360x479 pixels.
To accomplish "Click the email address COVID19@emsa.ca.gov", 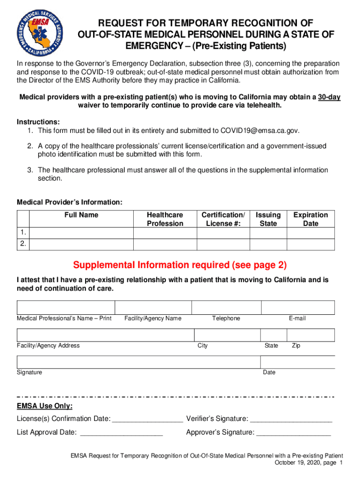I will (259, 130).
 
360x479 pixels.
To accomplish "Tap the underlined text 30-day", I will (329, 97).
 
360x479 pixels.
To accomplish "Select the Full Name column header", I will (81, 215).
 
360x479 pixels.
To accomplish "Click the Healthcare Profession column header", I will (165, 219).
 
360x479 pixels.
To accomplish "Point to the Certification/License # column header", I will (223, 219).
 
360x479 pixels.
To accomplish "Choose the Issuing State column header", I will (268, 219).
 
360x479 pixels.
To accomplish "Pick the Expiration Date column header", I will (310, 219).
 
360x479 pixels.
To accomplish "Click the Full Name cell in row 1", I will (81, 233).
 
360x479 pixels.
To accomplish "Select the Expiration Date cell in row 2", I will (310, 245).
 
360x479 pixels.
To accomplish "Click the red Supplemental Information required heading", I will (180, 265).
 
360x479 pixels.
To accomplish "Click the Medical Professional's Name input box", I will (65, 307).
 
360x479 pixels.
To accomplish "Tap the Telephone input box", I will (226, 307).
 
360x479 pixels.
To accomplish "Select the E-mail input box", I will (297, 307).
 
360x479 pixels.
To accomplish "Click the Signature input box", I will (138, 362).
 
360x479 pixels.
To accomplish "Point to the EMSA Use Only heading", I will (45, 406).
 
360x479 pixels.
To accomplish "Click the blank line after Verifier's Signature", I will (291, 419).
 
